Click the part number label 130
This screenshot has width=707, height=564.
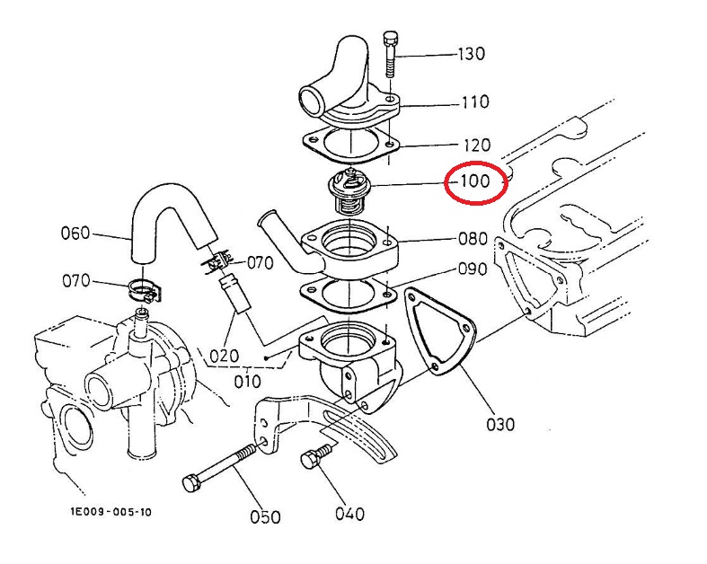coord(472,54)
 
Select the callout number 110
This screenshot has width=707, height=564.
coord(475,101)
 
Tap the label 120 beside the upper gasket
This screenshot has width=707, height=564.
coord(477,145)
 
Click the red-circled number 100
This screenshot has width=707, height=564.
coord(476,181)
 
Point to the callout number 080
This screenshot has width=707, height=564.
coord(473,239)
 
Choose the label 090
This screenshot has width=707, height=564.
coord(473,269)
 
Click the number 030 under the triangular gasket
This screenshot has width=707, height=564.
coord(500,424)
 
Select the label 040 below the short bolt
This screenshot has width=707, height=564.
coord(349,514)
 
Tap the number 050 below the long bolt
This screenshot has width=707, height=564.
coord(265,516)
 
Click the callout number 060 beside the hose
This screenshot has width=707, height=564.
coord(75,234)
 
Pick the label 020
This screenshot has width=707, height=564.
coord(224,357)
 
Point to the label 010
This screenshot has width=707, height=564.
coord(248,382)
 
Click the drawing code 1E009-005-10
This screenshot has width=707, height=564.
coord(110,512)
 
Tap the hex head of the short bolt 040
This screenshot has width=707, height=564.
coord(309,461)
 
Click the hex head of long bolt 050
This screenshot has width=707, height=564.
coord(190,483)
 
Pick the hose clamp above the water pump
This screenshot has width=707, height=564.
coord(143,290)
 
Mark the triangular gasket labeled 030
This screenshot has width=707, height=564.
coord(439,331)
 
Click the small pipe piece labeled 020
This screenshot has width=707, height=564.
coord(234,295)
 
